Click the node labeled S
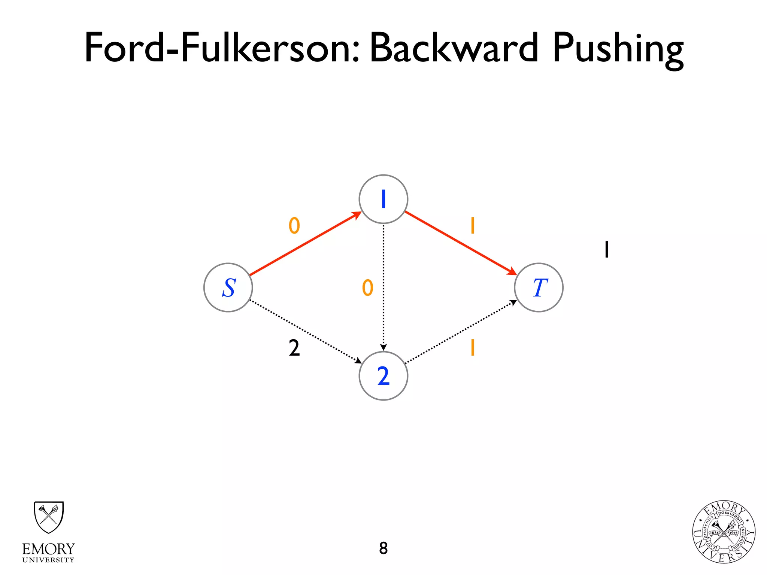click(x=228, y=287)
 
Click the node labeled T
click(x=539, y=287)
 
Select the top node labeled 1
click(x=383, y=199)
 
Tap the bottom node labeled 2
click(x=383, y=376)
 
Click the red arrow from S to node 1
click(x=305, y=244)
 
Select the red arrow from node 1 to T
click(x=461, y=243)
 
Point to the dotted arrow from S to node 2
click(x=305, y=331)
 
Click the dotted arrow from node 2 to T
click(x=461, y=332)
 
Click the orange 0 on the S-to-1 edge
click(x=294, y=226)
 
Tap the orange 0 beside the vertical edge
click(x=367, y=287)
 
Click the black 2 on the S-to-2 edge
click(x=294, y=348)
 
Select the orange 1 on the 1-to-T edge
click(x=473, y=226)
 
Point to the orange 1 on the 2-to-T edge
click(x=473, y=347)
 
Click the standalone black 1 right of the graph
click(x=607, y=249)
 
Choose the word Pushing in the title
click(x=618, y=49)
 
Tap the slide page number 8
click(x=383, y=548)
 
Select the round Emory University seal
click(x=724, y=532)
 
